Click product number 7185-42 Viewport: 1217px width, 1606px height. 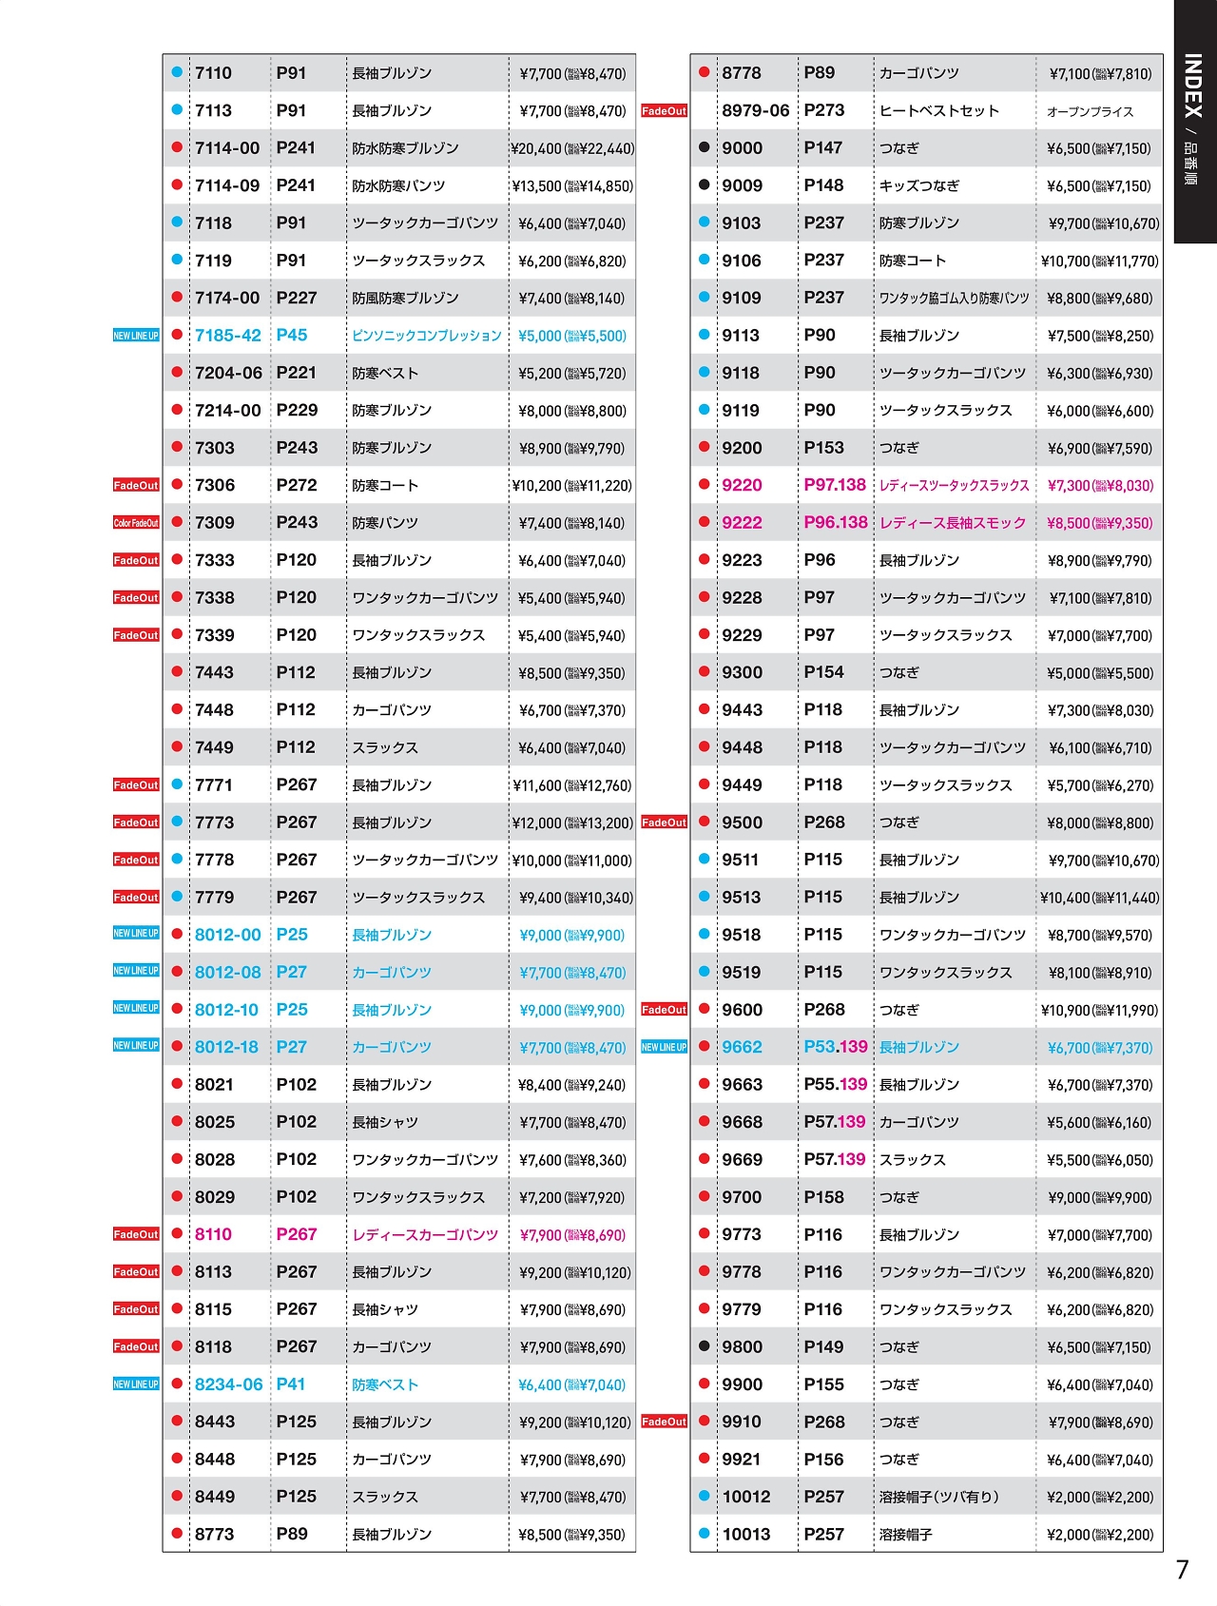227,336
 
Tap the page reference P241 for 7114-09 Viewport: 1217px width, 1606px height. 295,185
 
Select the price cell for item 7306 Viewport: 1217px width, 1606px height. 571,486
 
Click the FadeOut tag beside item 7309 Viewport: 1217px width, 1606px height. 136,523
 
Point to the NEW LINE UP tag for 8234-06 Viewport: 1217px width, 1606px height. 136,1384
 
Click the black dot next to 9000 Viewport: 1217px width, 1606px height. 704,147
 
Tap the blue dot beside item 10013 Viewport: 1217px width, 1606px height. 704,1533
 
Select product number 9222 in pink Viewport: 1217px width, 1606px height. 742,523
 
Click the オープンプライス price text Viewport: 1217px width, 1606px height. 1090,112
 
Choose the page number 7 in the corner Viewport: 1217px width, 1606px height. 1182,1570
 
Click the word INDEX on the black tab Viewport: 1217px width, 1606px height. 1192,86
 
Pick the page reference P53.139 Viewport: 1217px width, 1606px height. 835,1047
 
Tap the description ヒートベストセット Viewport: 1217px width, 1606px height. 938,111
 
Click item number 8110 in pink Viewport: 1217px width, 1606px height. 213,1234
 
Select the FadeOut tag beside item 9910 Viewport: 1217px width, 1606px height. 664,1422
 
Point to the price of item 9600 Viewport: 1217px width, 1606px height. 1099,1011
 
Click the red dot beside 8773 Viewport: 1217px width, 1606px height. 177,1533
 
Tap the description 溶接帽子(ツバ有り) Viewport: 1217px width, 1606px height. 938,1497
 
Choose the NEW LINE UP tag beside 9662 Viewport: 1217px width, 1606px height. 664,1047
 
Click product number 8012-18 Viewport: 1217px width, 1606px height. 226,1047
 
